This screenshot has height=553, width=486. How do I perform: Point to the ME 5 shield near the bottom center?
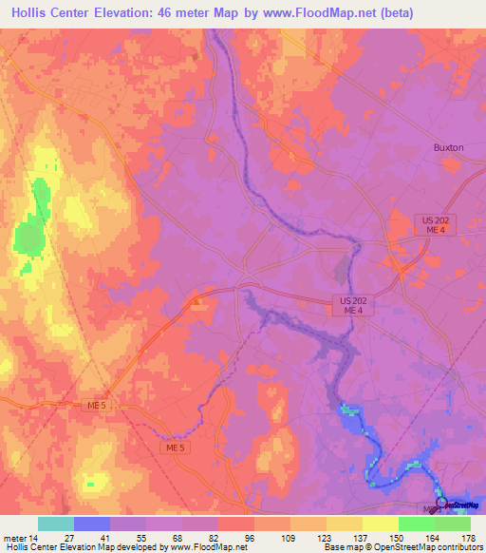tap(174, 448)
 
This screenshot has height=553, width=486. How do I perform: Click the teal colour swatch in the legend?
tap(56, 524)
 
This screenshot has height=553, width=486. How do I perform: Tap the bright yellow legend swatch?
tap(381, 524)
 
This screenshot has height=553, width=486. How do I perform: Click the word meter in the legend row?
tap(16, 538)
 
